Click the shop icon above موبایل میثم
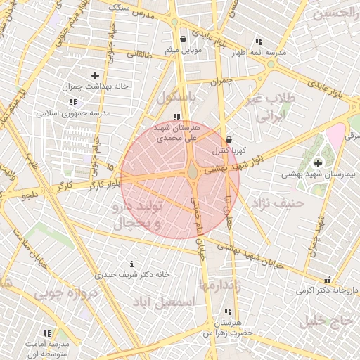183,39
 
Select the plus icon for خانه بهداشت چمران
96,75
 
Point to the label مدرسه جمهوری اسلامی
74,112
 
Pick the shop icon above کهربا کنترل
229,139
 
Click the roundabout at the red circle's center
192,172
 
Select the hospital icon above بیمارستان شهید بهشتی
318,162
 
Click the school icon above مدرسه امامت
47,333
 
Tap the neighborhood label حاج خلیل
324,321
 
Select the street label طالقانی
140,53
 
